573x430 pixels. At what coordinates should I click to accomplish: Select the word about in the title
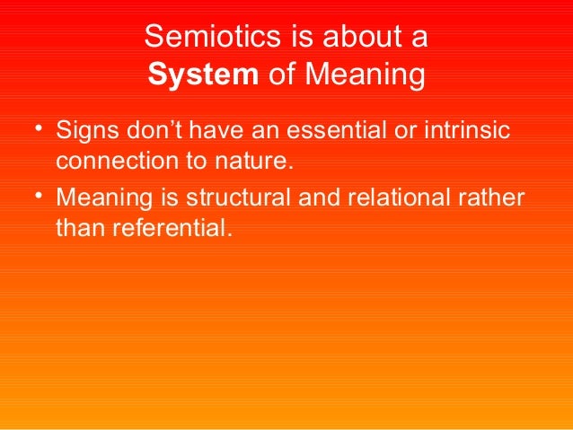tap(361, 37)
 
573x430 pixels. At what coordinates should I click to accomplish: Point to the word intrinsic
tap(470, 132)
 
